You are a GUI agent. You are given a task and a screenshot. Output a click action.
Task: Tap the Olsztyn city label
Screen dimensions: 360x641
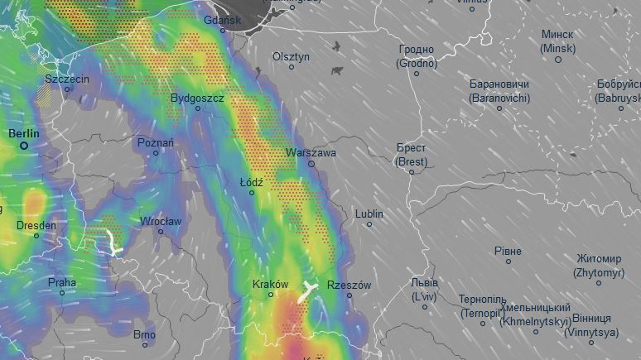point(291,56)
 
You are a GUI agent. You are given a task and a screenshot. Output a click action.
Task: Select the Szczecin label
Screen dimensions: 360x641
point(67,78)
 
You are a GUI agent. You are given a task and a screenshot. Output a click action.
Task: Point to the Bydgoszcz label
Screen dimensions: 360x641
point(197,98)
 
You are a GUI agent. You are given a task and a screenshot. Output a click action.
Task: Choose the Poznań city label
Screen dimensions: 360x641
point(156,142)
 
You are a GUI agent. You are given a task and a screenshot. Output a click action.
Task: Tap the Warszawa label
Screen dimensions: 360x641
point(311,153)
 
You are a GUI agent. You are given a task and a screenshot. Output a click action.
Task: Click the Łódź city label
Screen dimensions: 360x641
point(252,181)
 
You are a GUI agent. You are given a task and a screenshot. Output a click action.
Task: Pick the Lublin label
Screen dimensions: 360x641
point(369,214)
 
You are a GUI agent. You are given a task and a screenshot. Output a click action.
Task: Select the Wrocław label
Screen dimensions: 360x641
point(161,221)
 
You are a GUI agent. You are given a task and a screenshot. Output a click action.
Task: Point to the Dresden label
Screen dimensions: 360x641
point(36,225)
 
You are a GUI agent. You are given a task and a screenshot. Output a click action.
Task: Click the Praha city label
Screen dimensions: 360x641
point(61,282)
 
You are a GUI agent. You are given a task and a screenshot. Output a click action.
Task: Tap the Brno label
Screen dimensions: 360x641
point(144,334)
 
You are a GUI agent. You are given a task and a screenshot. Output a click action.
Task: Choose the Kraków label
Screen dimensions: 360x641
point(271,284)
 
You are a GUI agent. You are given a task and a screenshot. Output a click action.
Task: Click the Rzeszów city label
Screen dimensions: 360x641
point(349,285)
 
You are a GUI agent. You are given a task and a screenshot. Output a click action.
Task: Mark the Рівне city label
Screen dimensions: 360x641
point(508,251)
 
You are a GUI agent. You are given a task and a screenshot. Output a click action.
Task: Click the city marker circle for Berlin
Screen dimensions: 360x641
point(24,146)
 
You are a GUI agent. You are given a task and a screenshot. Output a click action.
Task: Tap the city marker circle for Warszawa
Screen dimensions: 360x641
point(311,164)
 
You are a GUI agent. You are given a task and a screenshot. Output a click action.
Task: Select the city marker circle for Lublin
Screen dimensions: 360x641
point(369,224)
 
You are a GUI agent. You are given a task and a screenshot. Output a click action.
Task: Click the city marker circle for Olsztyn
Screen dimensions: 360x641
point(291,67)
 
